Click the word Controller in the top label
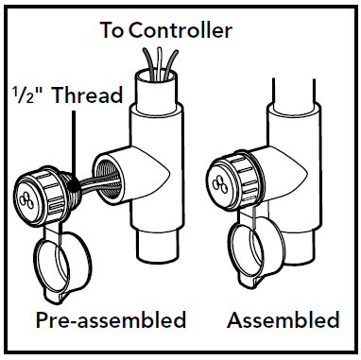point(180,31)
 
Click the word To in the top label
point(112,31)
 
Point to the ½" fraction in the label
point(26,95)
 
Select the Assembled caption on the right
point(283,319)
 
